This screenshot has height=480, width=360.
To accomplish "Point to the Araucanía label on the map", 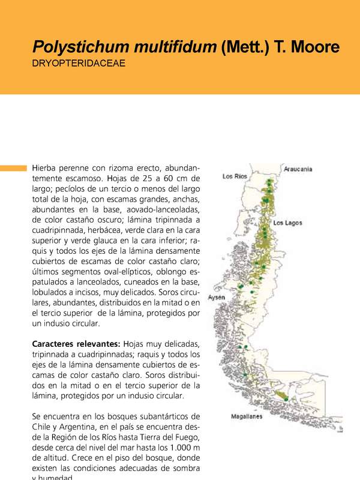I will click(298, 169).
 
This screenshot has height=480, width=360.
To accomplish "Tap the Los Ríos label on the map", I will click(235, 176).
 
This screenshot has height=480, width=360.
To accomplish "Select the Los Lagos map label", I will click(287, 223).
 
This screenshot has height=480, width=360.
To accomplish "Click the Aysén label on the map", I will click(217, 298).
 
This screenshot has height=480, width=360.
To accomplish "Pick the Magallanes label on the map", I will click(247, 416).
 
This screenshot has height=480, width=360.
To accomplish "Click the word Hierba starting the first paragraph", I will click(46, 167).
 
